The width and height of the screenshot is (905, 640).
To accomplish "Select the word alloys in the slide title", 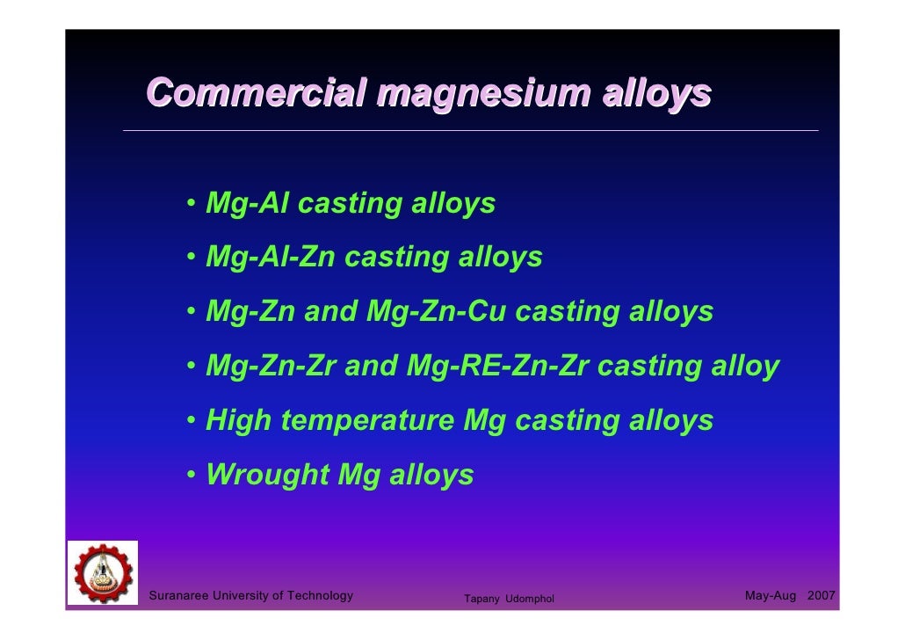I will [655, 94].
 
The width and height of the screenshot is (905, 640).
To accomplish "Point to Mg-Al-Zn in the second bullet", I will [270, 258].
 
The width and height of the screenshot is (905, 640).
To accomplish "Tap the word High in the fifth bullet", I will [238, 421].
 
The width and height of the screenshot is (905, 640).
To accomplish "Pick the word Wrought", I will [266, 475].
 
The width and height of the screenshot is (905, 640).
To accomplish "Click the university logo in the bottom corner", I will [103, 572].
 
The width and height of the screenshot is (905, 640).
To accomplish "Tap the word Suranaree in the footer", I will [181, 596].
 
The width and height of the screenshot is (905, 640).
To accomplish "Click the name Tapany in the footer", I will [481, 600].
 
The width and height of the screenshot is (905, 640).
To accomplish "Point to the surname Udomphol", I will [530, 600].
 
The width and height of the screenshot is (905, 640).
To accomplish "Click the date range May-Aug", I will [771, 596].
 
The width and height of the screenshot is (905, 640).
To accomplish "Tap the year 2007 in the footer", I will [821, 596].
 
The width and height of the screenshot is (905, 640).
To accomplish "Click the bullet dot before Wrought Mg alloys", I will [191, 476].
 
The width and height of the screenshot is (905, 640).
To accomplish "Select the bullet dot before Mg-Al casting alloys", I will [191, 205].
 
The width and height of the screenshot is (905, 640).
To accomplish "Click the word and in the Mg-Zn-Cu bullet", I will [332, 312].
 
